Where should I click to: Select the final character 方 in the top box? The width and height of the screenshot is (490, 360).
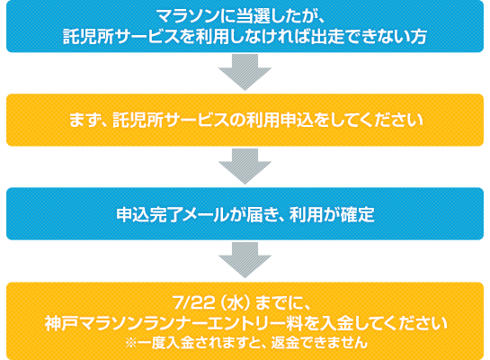418,36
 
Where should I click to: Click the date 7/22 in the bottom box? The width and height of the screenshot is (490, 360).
193,302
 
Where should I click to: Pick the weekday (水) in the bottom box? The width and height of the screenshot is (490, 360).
236,302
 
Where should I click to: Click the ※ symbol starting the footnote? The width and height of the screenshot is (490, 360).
131,343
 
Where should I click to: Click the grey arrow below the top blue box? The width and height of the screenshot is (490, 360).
245,72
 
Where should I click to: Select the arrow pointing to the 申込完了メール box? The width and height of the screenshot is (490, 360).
245,166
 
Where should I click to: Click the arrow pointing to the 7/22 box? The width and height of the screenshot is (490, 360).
245,260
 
